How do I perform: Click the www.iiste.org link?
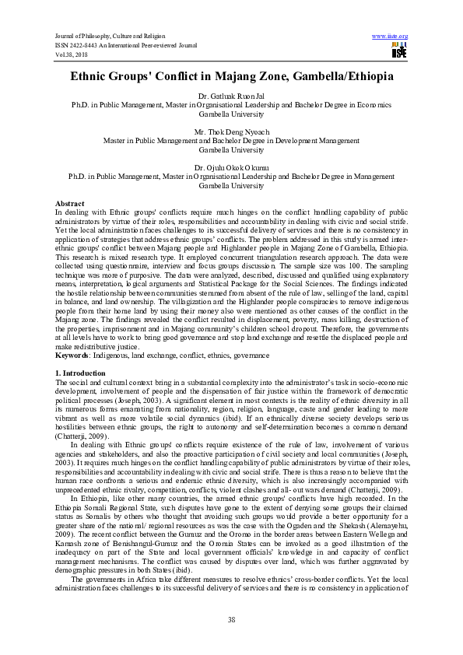[x=391, y=37]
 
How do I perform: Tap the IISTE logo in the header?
[x=400, y=51]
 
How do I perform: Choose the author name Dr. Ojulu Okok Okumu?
[x=230, y=168]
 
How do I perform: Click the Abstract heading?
[x=70, y=203]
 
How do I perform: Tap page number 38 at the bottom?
[x=231, y=619]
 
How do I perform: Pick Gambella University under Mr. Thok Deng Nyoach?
[x=230, y=149]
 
